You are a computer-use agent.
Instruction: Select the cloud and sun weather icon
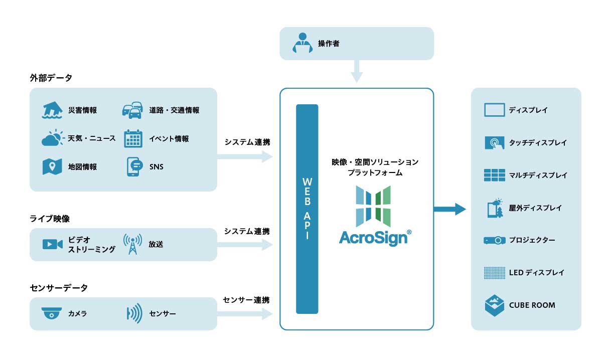[x=53, y=138]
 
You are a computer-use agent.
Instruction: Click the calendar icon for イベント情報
[x=133, y=138]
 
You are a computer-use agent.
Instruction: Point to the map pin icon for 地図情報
[x=52, y=167]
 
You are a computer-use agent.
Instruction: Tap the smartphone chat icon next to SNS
[x=133, y=167]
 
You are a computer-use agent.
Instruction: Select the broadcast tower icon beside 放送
[x=132, y=244]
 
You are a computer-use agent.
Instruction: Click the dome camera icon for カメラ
[x=52, y=313]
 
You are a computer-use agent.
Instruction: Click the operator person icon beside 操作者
[x=302, y=44]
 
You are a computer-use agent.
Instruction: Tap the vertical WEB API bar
[x=307, y=209]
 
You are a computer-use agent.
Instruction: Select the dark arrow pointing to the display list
[x=449, y=209]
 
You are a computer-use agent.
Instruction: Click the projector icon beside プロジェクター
[x=494, y=240]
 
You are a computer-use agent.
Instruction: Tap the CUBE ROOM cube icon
[x=494, y=305]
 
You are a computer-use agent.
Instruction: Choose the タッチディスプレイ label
[x=537, y=143]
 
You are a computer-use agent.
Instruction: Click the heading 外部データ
[x=51, y=78]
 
